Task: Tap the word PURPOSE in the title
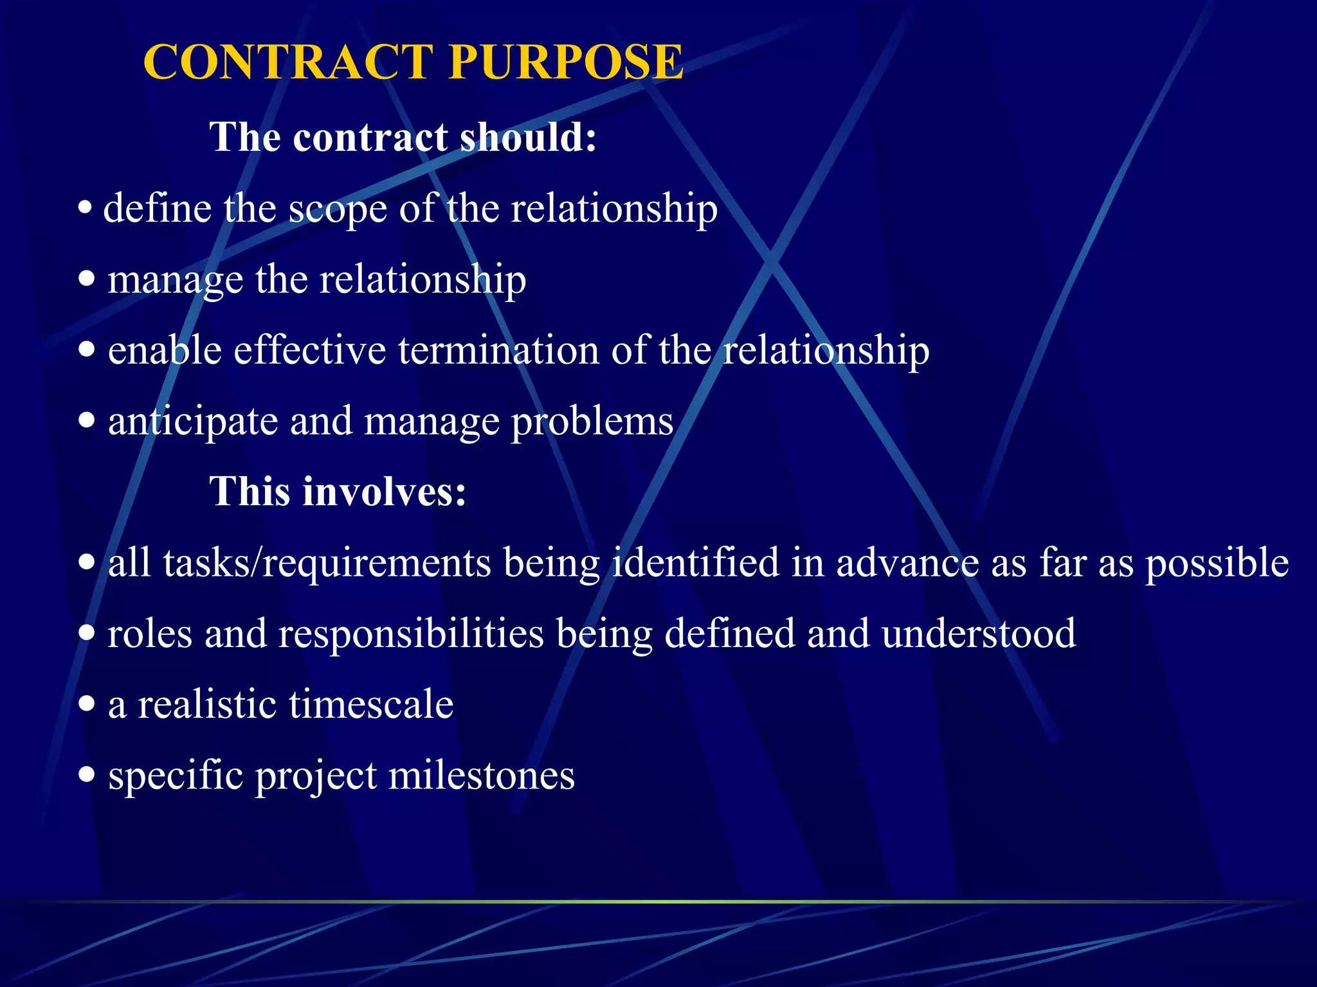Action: tap(566, 62)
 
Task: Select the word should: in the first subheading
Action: tap(529, 138)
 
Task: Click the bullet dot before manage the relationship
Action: tap(87, 280)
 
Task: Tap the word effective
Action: tap(310, 350)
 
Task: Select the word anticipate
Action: tap(193, 422)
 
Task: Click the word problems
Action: tap(592, 422)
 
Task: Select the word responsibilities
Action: tap(411, 634)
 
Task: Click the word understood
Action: tap(979, 634)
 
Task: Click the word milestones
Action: tap(482, 775)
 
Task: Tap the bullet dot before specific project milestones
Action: tap(87, 775)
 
